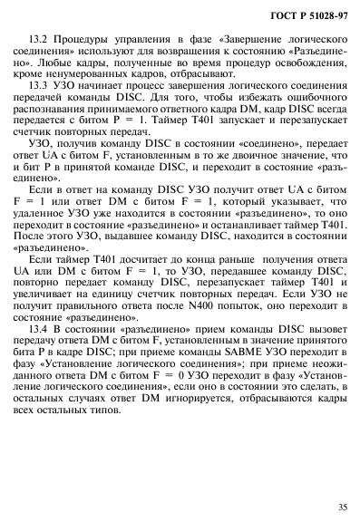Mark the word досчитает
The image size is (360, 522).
pos(118,289)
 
